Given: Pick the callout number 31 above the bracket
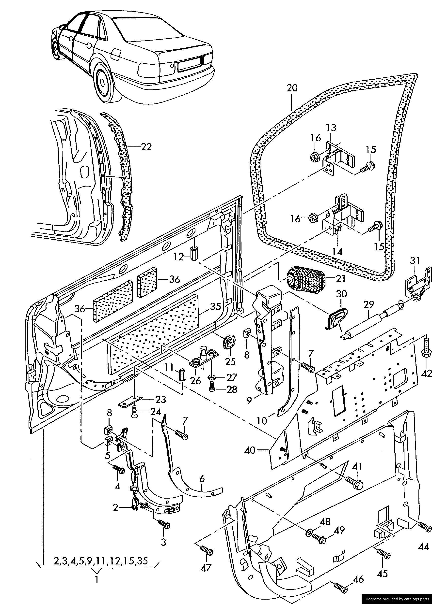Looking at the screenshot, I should point(415,261).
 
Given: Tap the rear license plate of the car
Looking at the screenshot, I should point(189,65).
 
